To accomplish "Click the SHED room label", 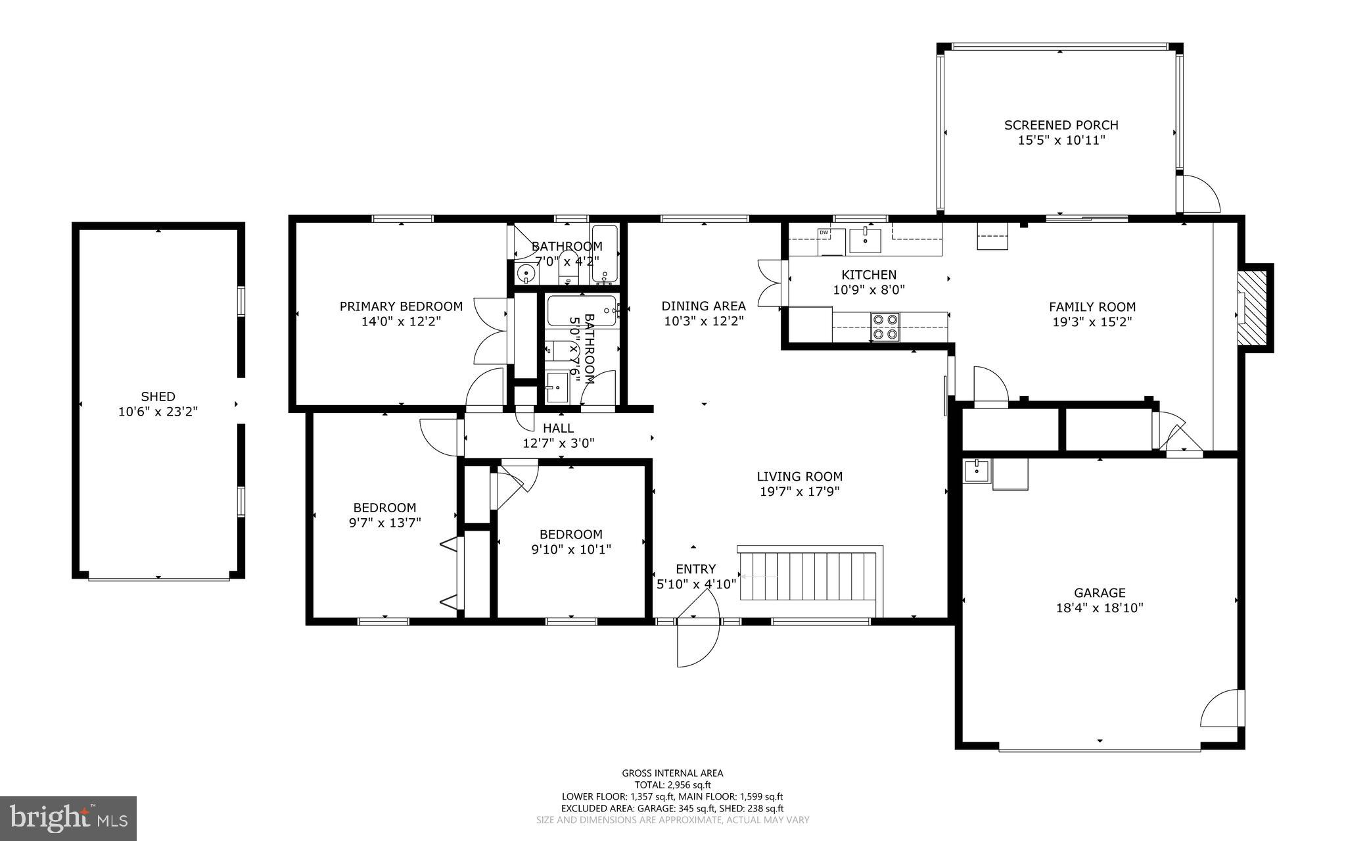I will [x=158, y=396].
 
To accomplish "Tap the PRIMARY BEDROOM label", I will [x=401, y=306].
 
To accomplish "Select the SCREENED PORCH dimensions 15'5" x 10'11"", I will [x=1061, y=140].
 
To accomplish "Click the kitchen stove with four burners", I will [x=885, y=327].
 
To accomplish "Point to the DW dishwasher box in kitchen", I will [x=824, y=232].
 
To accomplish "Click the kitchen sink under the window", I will [x=865, y=239].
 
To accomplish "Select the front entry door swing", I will [x=697, y=628].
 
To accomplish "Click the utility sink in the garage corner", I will [x=977, y=471].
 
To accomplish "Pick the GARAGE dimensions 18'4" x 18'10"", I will [x=1100, y=608].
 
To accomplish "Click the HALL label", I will [x=558, y=428].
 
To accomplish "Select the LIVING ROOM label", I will [x=799, y=477].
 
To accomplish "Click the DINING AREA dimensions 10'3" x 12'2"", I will [x=703, y=322].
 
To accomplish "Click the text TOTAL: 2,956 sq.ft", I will [x=672, y=784].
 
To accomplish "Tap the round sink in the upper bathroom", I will [x=526, y=273].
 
